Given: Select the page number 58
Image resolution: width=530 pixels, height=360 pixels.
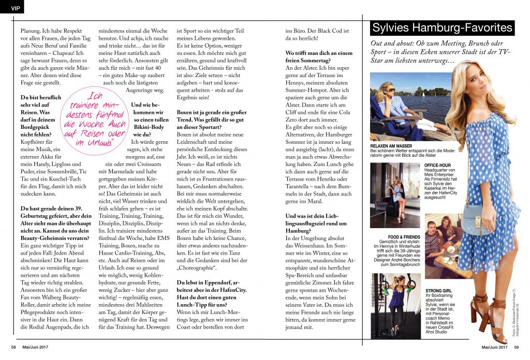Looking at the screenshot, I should coord(14,347).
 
